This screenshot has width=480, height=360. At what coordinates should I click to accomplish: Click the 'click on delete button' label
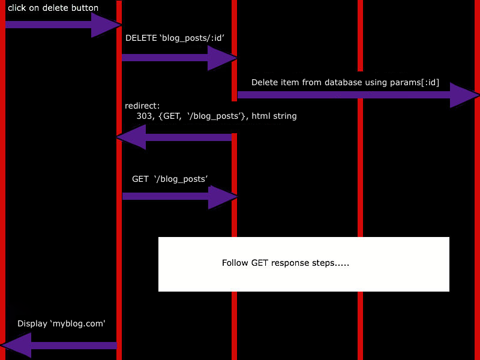click(53, 8)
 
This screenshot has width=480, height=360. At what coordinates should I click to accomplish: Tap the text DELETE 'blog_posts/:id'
click(175, 38)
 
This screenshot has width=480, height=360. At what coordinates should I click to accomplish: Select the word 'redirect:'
click(142, 106)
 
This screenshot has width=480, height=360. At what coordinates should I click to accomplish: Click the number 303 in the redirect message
click(145, 116)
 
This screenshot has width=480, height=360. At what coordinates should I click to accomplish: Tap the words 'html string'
click(274, 116)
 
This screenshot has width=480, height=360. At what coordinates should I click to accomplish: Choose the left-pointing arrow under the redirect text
click(174, 137)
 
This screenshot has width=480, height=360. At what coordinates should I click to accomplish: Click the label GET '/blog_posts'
click(170, 179)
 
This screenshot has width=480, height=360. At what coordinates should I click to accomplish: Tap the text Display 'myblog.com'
click(61, 323)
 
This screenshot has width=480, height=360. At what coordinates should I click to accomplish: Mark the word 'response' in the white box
click(290, 263)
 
